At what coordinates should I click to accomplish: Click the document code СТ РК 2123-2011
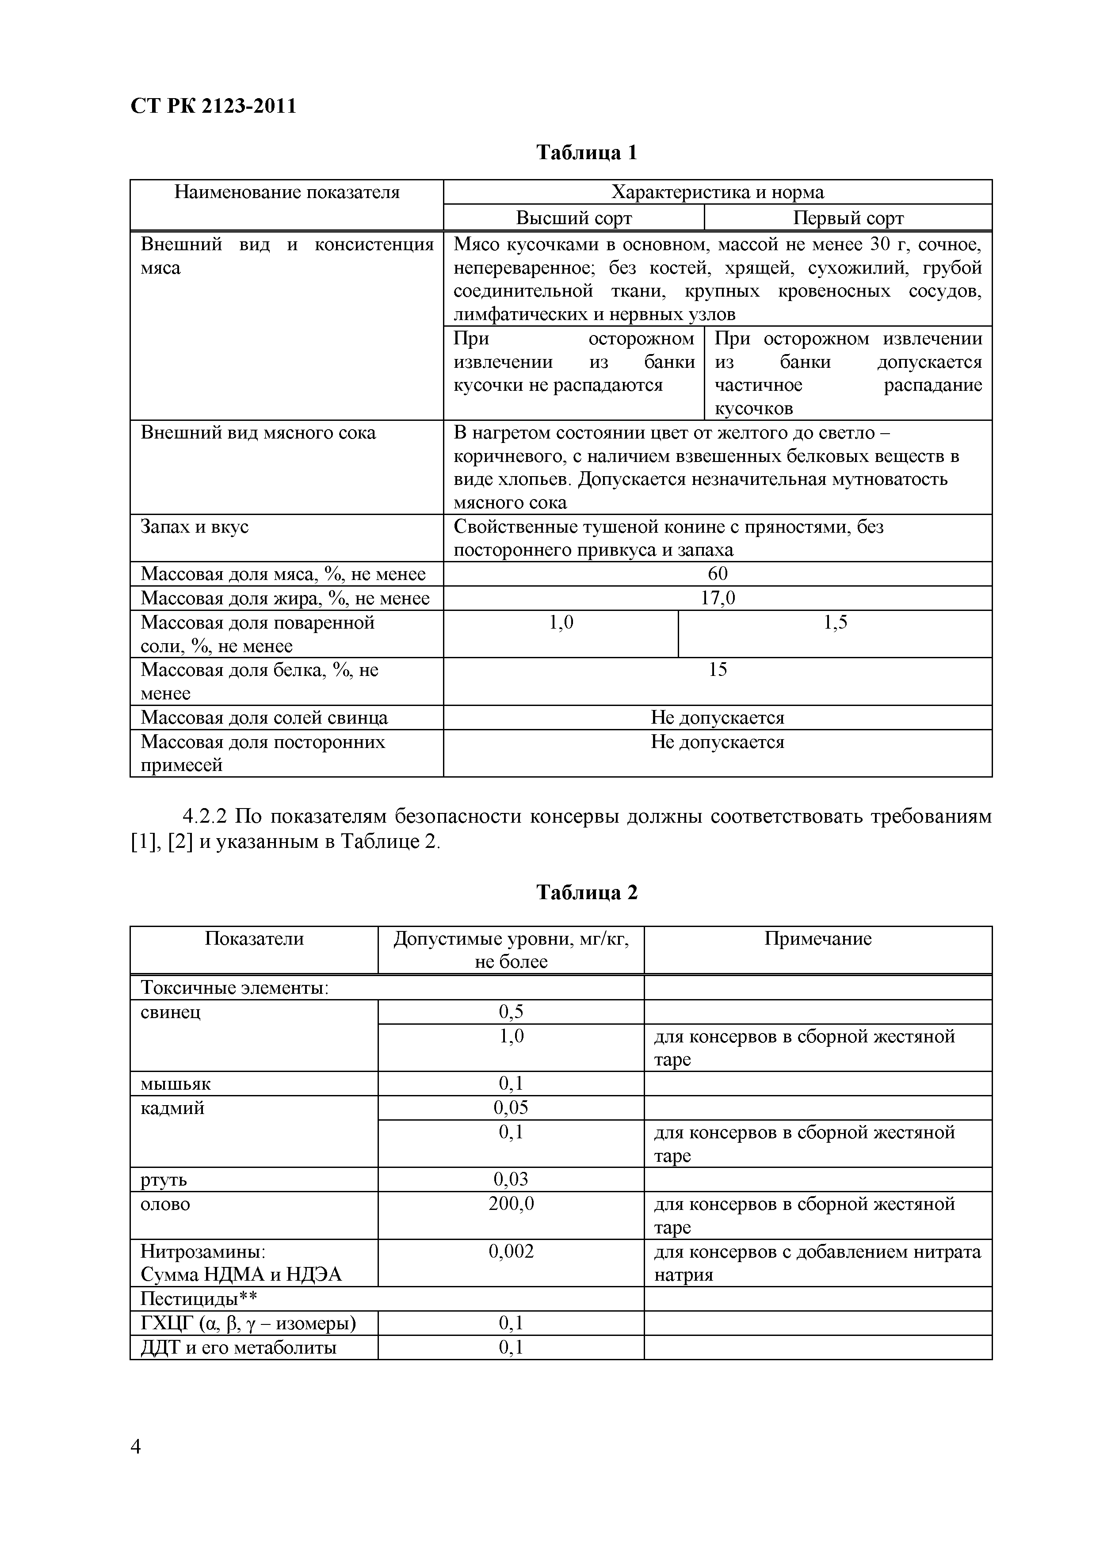click(213, 107)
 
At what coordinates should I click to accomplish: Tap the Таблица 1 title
click(586, 153)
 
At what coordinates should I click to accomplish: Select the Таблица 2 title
click(586, 893)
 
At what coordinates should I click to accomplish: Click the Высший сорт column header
click(574, 218)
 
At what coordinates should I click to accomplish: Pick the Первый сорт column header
click(848, 218)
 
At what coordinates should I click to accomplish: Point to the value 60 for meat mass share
click(718, 573)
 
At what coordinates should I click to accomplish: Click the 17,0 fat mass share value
click(718, 598)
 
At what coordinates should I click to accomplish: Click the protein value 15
click(718, 670)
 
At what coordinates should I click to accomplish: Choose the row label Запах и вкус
click(195, 526)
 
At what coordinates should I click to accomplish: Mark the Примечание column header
click(818, 939)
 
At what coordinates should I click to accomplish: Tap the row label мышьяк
click(176, 1084)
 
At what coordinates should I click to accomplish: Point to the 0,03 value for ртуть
click(511, 1179)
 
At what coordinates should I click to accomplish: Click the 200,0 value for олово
click(511, 1204)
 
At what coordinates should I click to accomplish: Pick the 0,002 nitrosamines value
click(511, 1251)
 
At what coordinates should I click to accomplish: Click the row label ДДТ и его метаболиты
click(238, 1347)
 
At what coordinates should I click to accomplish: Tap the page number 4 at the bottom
click(136, 1446)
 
